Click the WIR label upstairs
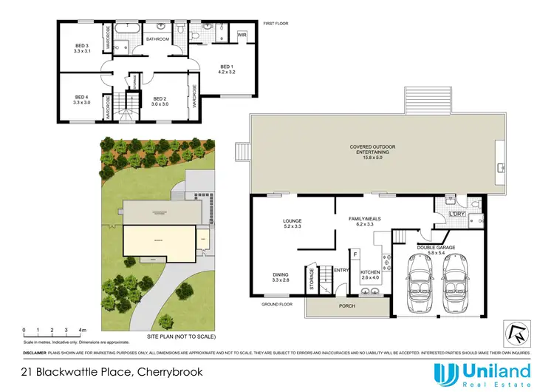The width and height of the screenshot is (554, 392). click(x=242, y=36)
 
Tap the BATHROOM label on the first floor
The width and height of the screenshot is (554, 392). click(x=157, y=38)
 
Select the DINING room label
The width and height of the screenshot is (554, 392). click(x=281, y=277)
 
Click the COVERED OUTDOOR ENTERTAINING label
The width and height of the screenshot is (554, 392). click(x=373, y=151)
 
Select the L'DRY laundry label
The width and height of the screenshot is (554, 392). click(x=456, y=214)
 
